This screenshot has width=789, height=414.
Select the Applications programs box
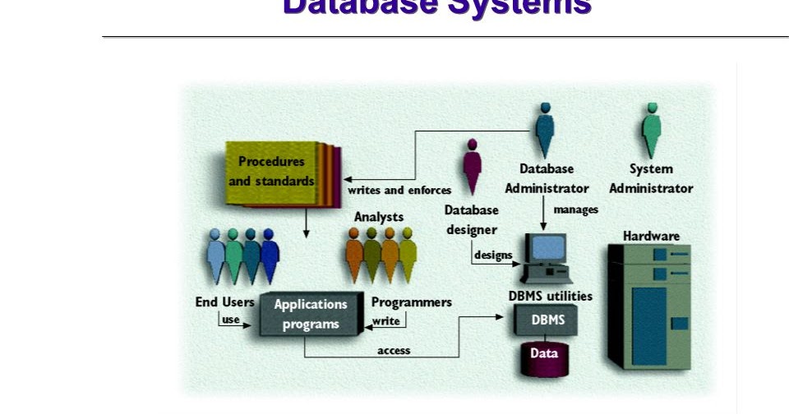coord(311,314)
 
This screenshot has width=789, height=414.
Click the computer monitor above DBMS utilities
coord(548,250)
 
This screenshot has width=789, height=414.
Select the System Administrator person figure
coord(651,130)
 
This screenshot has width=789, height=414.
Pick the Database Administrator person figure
coord(544,130)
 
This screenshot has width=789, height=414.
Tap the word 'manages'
coord(575,209)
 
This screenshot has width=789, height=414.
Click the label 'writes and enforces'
coord(399,191)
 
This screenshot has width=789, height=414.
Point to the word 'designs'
coord(493,255)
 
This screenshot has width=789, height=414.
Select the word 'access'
coord(394,351)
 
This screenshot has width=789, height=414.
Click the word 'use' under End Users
coord(231,320)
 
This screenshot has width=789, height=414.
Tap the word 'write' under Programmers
coord(386,321)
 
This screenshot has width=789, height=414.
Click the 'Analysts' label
coord(379,217)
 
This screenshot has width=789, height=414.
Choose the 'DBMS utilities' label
coord(550,296)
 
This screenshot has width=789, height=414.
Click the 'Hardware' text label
coord(651,236)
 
